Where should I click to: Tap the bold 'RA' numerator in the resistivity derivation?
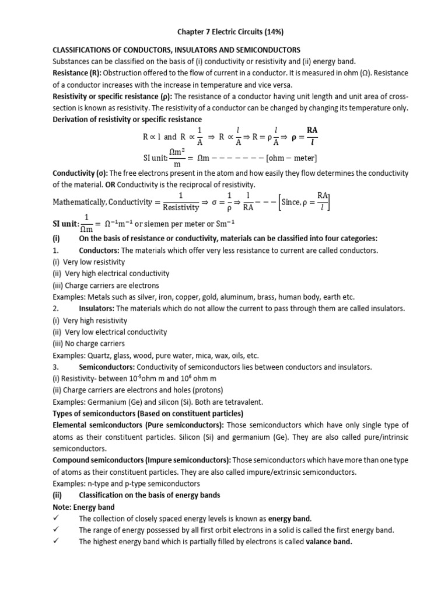[313, 130]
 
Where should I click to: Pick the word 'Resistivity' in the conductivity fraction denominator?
[181, 207]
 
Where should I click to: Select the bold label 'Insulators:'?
[97, 308]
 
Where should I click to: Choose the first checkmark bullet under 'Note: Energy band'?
[57, 519]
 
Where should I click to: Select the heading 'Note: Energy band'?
[84, 507]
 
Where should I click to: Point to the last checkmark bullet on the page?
[57, 542]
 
